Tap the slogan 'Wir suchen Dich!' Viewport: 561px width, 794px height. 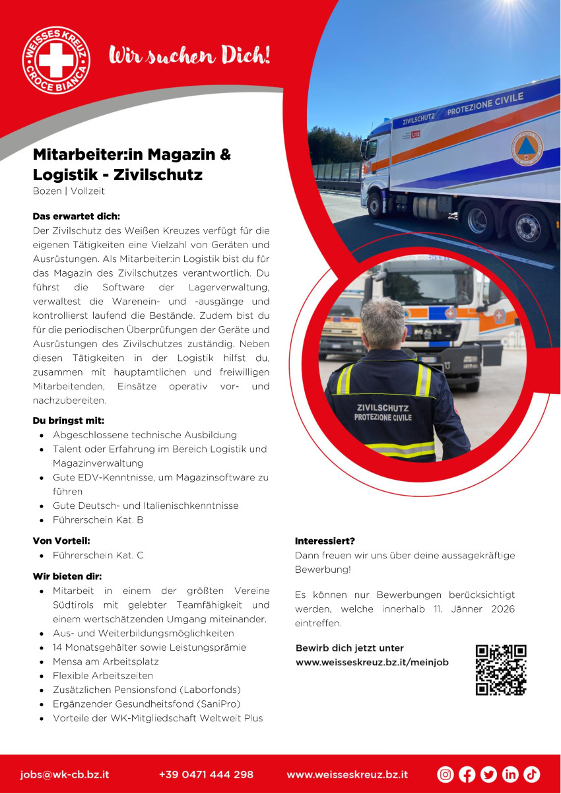pos(189,55)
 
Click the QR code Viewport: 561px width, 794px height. pos(501,670)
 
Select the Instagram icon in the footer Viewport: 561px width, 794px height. pos(445,774)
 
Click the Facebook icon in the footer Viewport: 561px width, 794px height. pos(467,774)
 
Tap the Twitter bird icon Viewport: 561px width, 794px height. pos(488,774)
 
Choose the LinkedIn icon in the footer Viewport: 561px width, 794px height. pos(510,774)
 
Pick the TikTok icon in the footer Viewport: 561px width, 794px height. pos(532,774)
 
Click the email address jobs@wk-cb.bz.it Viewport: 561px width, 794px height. pos(65,774)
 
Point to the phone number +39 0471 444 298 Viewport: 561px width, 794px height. pos(206,774)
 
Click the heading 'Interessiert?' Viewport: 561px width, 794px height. pos(325,541)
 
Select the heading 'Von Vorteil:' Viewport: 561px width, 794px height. pos(61,541)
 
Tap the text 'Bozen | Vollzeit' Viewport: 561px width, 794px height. pos(69,191)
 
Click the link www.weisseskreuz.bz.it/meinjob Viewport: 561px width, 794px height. pos(372,662)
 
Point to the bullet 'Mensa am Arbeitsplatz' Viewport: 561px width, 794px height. pos(106,661)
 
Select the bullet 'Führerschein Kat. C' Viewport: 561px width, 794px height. pos(98,556)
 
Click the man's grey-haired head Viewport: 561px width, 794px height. pos(383,323)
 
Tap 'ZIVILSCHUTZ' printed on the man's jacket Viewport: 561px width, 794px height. pos(383,408)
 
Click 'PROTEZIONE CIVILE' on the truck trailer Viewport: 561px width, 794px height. pos(484,104)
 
